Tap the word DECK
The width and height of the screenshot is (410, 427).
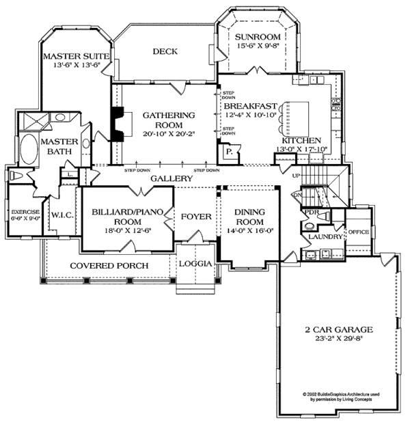(164, 51)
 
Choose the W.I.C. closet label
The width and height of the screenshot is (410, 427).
(62, 221)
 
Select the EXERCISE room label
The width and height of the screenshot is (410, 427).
(25, 212)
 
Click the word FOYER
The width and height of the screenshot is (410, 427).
(196, 217)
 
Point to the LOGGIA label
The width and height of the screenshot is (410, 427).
(195, 263)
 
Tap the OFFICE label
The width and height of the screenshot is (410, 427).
(357, 232)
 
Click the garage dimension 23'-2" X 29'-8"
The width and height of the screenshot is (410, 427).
(333, 339)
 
